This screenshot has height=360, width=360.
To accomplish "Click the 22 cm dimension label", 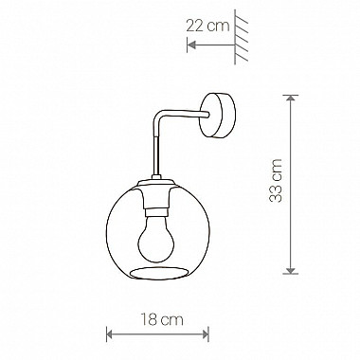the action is [x=207, y=26].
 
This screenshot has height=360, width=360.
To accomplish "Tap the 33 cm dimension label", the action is [x=276, y=181].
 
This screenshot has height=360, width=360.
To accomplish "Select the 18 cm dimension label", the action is [x=161, y=319].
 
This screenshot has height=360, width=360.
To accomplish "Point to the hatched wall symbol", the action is [x=241, y=37].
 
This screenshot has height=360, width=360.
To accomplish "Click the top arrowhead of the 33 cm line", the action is [x=291, y=98].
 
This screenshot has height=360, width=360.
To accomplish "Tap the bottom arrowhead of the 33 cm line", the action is [x=291, y=271].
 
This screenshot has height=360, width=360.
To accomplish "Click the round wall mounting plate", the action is [x=218, y=116].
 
